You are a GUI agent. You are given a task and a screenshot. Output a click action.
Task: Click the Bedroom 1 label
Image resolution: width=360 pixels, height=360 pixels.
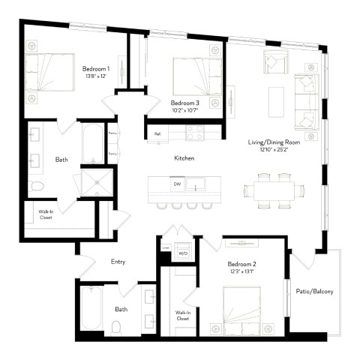pos(96,69)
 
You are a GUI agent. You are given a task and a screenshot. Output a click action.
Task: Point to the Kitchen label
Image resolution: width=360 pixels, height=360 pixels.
pos(184,158)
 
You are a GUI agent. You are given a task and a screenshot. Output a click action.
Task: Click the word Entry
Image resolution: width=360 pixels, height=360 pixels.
pos(118,261)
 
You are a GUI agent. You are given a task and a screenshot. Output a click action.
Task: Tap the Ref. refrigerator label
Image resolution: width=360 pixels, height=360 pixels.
pos(157,133)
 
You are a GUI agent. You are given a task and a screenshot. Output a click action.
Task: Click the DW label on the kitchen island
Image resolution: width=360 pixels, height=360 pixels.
pos(177,184)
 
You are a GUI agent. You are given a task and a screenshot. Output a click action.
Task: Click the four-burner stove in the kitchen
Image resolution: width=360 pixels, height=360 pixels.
pos(195,133)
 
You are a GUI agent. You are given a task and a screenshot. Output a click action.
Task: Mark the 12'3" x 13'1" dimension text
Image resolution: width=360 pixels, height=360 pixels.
pos(242,273)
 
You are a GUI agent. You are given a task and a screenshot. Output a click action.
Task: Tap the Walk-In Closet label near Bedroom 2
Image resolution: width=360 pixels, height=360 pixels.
pos(182,315)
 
